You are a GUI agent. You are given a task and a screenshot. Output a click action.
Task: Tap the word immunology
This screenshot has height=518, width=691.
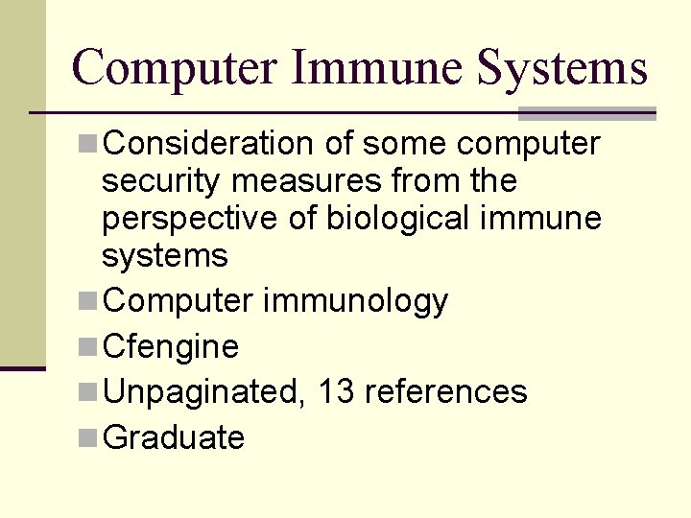point(354,302)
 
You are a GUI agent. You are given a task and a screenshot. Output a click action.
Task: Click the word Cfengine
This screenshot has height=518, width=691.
point(170,346)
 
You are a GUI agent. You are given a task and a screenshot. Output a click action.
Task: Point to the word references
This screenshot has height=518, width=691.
point(446,392)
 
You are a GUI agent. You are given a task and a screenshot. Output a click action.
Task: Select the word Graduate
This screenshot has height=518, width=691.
point(173,438)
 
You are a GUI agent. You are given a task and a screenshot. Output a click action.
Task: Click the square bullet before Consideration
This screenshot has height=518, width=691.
point(87,145)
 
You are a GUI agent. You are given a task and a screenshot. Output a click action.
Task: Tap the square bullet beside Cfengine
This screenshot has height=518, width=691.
point(87,347)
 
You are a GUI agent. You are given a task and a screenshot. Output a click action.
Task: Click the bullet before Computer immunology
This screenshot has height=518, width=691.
point(87,302)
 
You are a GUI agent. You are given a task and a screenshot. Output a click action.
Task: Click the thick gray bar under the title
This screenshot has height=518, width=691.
point(586,114)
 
